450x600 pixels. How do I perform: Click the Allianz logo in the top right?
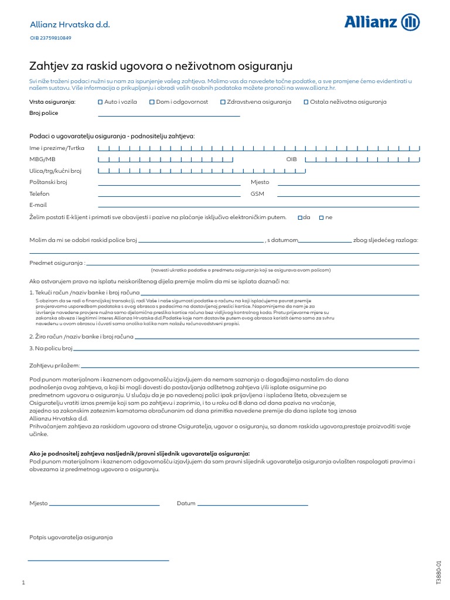[x=381, y=23]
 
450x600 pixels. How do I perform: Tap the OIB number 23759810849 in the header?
[x=51, y=38]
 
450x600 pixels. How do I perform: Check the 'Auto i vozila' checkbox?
[x=100, y=102]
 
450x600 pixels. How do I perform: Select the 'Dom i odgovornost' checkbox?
[x=151, y=102]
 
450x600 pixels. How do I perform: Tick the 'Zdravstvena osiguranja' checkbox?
[x=223, y=102]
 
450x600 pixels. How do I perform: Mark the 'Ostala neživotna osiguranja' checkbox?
[x=306, y=102]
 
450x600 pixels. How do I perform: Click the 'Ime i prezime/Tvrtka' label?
[x=57, y=148]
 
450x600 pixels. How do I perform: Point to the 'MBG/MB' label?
[x=42, y=159]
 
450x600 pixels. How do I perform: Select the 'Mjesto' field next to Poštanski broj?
[x=349, y=185]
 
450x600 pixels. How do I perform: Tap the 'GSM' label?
[x=257, y=194]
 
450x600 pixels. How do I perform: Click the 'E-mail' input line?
[x=258, y=207]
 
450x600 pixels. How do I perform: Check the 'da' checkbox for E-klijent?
[x=300, y=217]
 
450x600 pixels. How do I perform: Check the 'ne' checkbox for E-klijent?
[x=321, y=217]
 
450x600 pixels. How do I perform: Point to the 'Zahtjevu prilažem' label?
[x=54, y=366]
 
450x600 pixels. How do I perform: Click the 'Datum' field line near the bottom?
[x=253, y=504]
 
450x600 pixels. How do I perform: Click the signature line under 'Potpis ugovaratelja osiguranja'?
[x=98, y=560]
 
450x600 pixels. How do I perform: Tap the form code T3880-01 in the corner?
[x=438, y=571]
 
